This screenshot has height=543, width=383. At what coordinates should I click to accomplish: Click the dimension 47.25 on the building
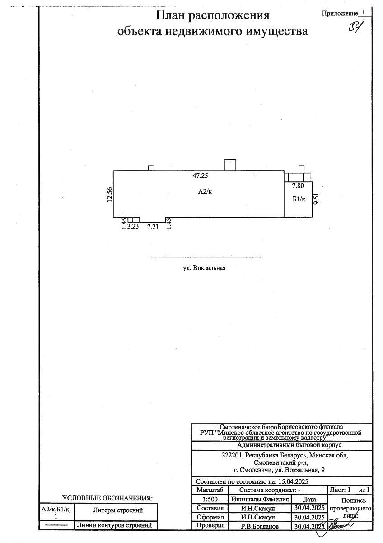tap(200, 176)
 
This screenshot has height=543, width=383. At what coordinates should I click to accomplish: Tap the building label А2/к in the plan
tap(205, 191)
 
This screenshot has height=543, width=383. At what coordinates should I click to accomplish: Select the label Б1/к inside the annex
tap(299, 199)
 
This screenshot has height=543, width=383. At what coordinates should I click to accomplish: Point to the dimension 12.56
tap(110, 195)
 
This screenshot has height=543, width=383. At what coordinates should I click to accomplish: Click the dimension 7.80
tap(298, 186)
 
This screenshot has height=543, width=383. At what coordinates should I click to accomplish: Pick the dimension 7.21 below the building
tap(153, 227)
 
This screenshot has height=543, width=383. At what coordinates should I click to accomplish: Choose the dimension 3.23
tap(133, 226)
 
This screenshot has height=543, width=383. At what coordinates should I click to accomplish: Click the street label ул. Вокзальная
tap(204, 268)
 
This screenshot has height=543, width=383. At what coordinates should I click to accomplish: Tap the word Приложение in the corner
tap(340, 14)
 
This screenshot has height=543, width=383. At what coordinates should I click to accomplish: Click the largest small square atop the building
tap(230, 165)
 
